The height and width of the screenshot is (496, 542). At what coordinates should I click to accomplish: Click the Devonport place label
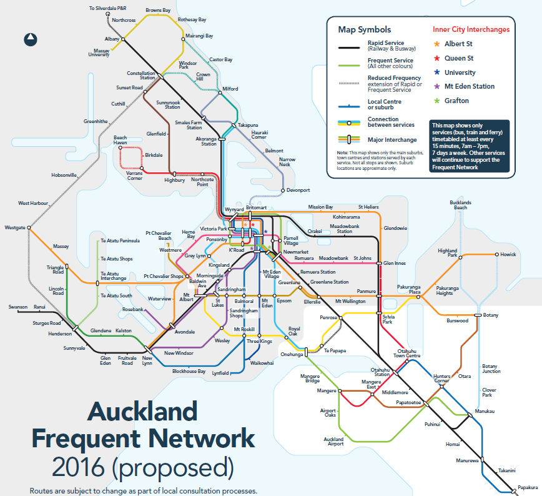298,190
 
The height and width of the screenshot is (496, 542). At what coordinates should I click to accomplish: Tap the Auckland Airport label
333,442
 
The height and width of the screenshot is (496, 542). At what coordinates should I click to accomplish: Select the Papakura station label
528,487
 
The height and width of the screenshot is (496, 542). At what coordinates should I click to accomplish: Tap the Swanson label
18,307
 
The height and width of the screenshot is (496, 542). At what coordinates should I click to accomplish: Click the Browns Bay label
158,11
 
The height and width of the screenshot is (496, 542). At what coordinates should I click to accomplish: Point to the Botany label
491,315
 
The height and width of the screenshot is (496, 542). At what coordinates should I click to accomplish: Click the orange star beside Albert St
436,44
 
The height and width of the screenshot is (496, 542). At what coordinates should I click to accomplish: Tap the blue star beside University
436,72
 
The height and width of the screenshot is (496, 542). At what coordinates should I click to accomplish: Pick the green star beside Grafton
436,101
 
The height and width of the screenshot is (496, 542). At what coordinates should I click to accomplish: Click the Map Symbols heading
364,29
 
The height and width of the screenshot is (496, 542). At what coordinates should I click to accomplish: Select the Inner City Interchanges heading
471,29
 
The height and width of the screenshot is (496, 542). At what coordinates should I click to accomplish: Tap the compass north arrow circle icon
30,40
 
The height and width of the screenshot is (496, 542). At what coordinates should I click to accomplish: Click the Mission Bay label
321,207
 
